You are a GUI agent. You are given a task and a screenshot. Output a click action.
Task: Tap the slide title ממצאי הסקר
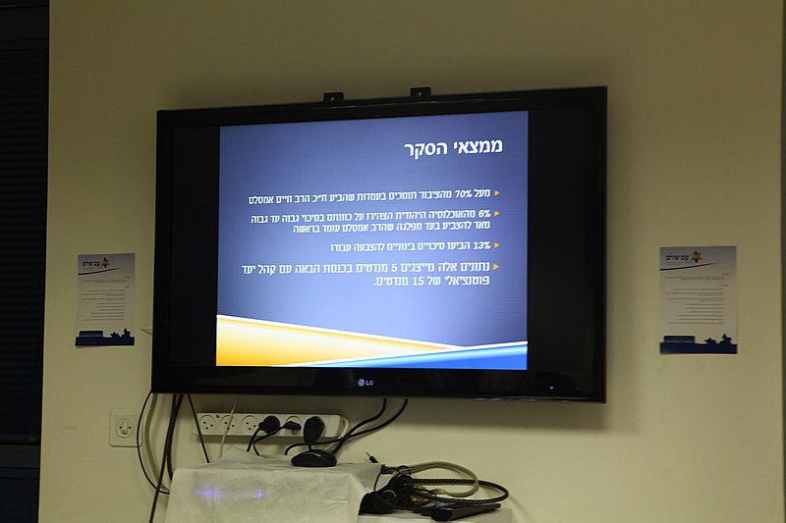[453, 147]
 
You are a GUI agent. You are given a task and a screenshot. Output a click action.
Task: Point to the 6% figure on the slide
[484, 213]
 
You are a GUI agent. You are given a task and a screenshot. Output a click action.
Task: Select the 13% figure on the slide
[480, 245]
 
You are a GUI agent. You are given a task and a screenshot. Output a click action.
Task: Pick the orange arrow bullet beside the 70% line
[497, 193]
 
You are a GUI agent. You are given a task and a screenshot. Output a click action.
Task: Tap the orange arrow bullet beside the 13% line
[497, 245]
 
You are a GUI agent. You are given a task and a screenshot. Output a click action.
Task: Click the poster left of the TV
[105, 299]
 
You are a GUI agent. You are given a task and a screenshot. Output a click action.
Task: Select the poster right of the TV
[698, 299]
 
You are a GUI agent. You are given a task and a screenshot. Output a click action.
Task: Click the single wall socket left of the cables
[125, 428]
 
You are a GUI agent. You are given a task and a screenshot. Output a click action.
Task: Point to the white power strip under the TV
[270, 425]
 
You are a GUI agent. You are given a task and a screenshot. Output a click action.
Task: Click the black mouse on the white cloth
[313, 457]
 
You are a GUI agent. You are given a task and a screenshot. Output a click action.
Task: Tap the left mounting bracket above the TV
[334, 97]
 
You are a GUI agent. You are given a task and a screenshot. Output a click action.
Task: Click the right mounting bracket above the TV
[421, 92]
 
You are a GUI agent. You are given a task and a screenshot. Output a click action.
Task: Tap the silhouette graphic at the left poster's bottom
[105, 338]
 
